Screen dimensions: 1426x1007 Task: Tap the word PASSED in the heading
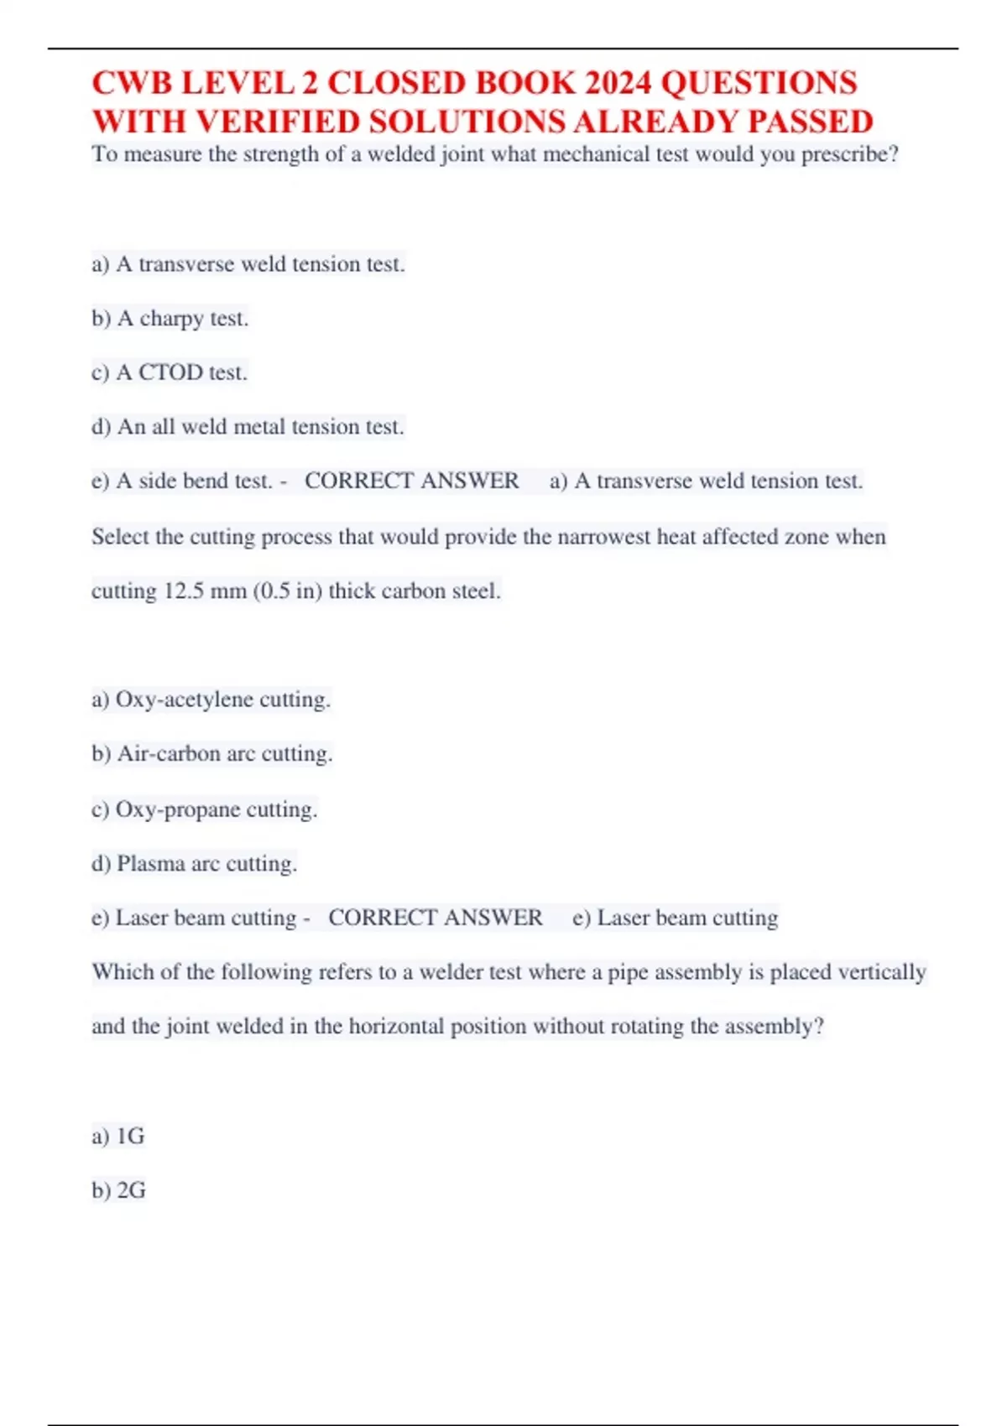pos(810,122)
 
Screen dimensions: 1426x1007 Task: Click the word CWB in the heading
pos(132,83)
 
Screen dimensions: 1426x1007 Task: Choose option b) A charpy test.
pos(170,319)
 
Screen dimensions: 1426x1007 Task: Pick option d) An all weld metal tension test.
pos(248,427)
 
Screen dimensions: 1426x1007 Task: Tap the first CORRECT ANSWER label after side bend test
pos(411,481)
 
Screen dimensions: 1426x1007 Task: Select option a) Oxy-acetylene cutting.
pos(211,700)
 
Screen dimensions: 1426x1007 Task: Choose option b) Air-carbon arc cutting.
pos(212,754)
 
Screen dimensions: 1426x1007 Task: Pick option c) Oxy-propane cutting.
pos(204,809)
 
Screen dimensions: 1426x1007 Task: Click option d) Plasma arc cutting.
pos(194,864)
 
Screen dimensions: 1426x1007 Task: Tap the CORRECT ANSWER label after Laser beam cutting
pos(435,918)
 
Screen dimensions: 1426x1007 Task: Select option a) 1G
pos(118,1137)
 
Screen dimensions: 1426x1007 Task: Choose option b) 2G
pos(119,1190)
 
